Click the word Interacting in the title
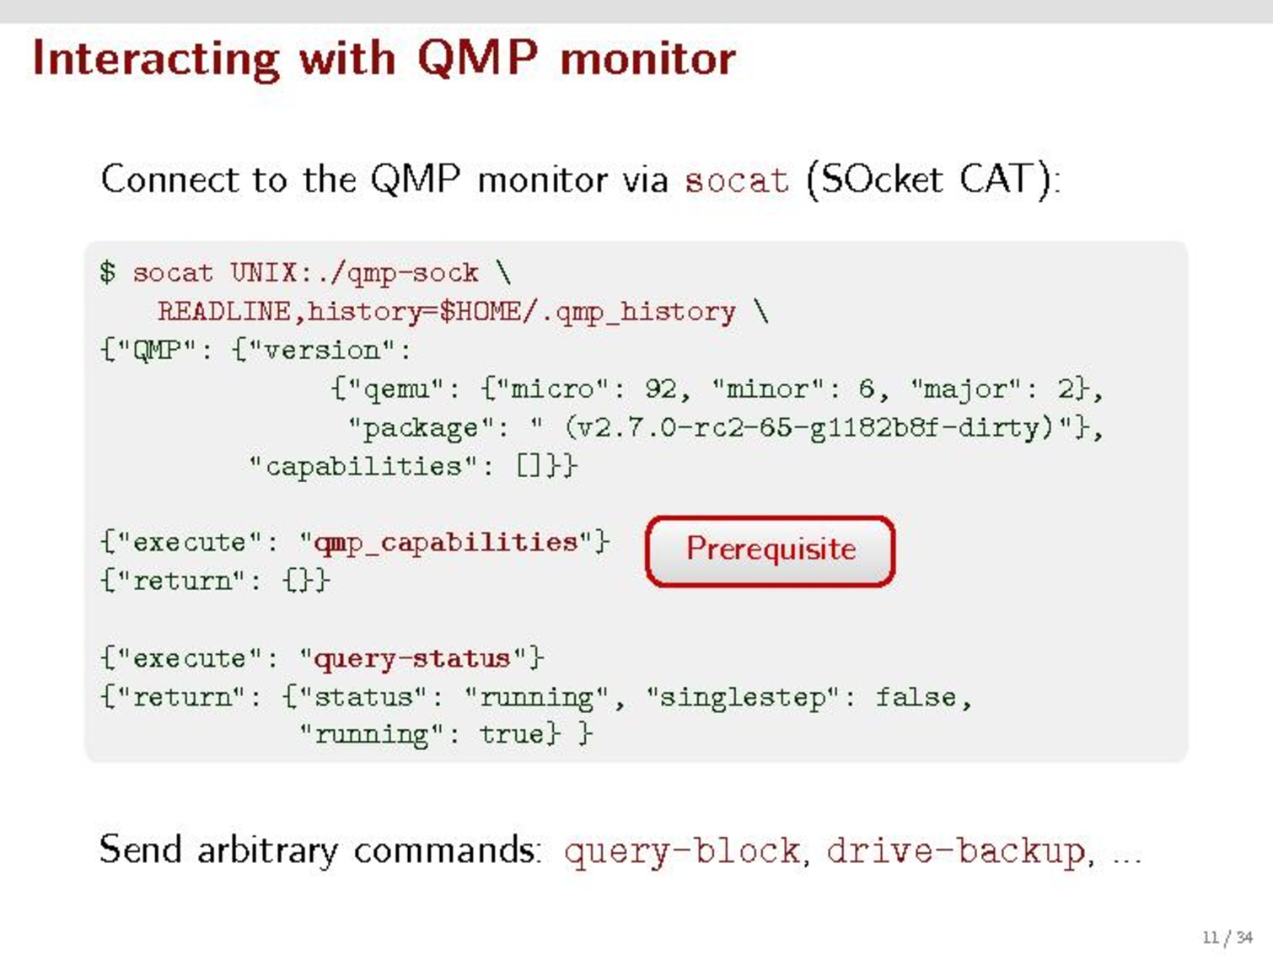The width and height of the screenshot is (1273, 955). [x=157, y=60]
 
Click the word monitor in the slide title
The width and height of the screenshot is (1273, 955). [x=647, y=58]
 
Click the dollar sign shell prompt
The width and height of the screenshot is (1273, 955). [x=107, y=272]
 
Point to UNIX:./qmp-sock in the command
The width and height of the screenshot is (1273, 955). [x=354, y=273]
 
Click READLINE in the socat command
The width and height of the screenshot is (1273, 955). [x=224, y=311]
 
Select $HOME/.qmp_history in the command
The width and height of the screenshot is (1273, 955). [x=587, y=313]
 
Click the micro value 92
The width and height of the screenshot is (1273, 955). [x=660, y=389]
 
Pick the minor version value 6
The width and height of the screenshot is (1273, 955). [x=867, y=389]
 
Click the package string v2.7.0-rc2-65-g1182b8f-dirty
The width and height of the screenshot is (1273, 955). [x=808, y=428]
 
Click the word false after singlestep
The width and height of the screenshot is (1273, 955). [x=916, y=698]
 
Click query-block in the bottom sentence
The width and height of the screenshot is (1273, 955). [x=682, y=851]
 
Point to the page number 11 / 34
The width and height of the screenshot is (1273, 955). [x=1227, y=937]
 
